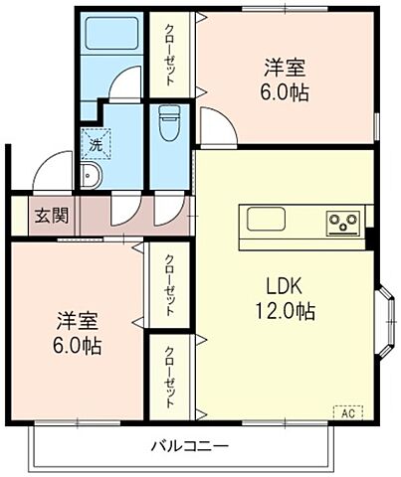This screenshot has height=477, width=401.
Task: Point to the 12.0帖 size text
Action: point(282,312)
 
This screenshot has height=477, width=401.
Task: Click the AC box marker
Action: point(348,410)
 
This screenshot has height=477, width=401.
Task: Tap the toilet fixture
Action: point(167,123)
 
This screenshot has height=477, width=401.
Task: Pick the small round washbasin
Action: point(91,177)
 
